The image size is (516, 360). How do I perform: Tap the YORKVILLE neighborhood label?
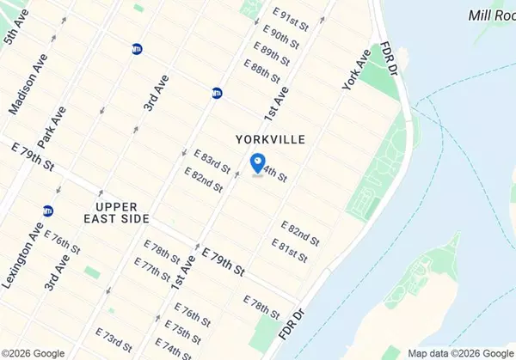click(270, 138)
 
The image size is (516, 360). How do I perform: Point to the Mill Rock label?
click(492, 15)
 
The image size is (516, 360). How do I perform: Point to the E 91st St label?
click(290, 20)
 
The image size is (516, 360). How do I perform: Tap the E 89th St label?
click(269, 52)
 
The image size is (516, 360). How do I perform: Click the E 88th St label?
click(261, 70)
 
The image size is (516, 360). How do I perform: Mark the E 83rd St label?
click(212, 162)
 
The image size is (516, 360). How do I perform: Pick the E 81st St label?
click(290, 248)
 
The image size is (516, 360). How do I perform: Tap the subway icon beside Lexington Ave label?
click(48, 211)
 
